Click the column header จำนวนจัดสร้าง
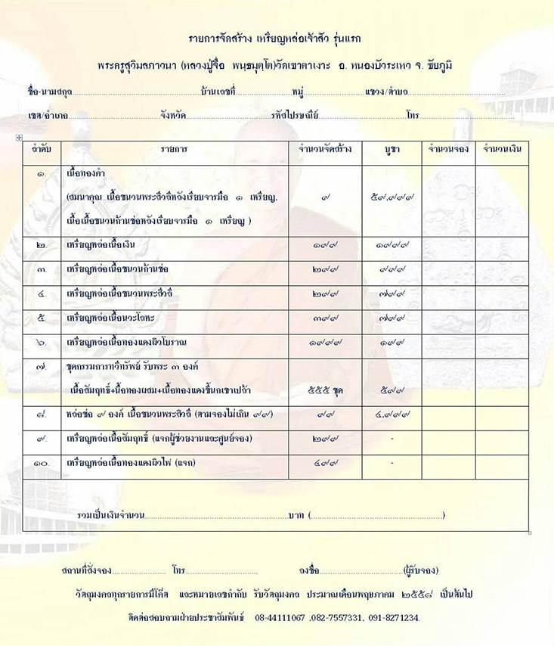click(x=326, y=149)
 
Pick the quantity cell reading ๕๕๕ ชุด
click(x=326, y=390)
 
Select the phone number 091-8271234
click(x=393, y=618)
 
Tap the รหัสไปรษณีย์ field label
click(x=296, y=116)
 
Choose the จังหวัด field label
click(x=173, y=116)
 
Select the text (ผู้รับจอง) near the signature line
click(x=421, y=570)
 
